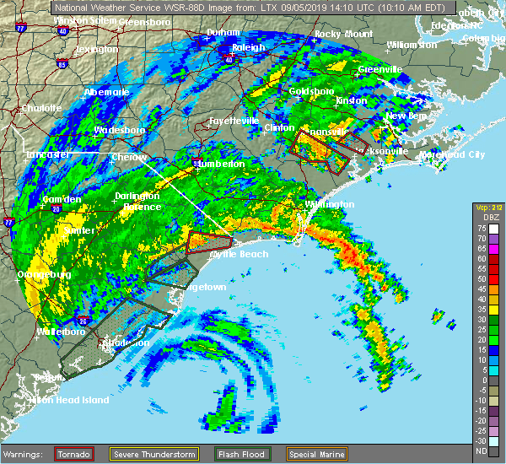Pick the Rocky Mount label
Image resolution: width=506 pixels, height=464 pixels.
coord(343,34)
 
